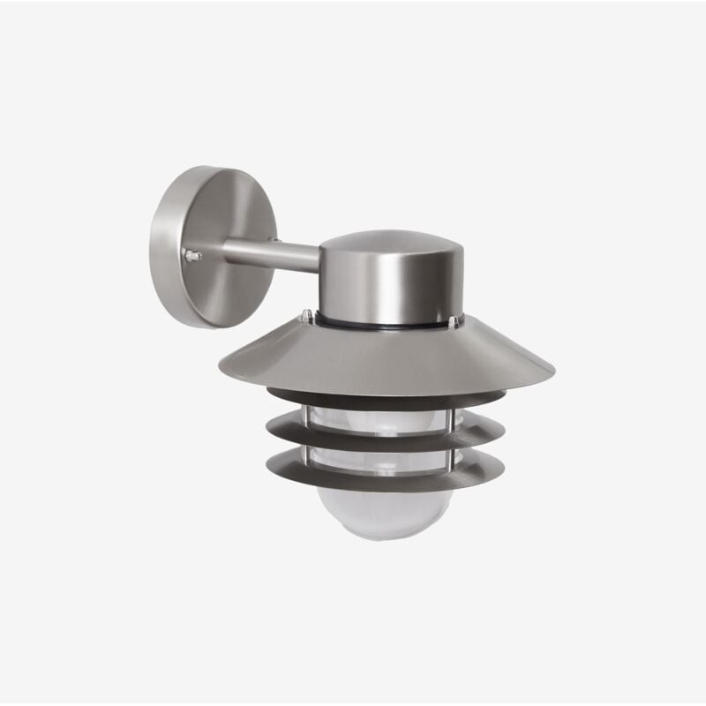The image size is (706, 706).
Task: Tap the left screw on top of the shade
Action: pos(306,314)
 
